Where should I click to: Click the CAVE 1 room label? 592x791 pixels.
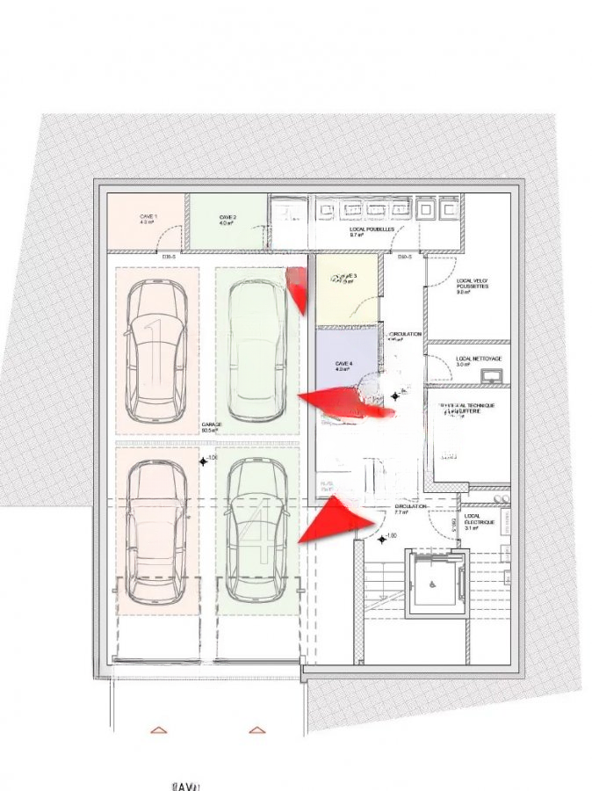coord(148,220)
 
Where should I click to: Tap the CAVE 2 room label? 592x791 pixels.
coord(227,220)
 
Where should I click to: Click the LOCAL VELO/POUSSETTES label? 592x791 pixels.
coord(473,286)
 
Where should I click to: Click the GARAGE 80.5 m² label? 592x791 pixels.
coord(211,426)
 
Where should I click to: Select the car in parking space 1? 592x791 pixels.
coord(155,352)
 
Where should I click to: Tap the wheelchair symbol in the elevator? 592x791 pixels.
coord(432,580)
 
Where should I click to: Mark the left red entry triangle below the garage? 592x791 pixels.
coord(158,729)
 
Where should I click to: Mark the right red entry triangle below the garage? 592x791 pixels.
coord(256,729)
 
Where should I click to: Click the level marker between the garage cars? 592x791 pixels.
coord(203,461)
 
